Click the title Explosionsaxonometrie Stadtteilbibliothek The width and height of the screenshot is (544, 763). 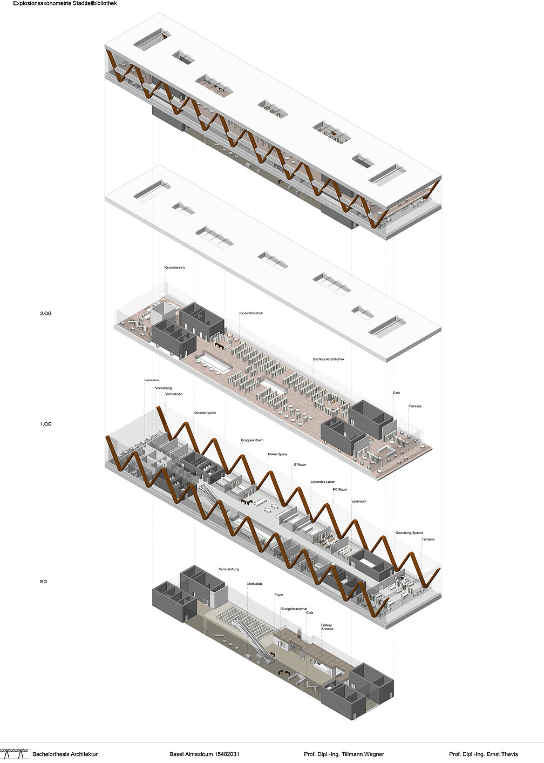65,3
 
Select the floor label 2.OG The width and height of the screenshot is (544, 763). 45,313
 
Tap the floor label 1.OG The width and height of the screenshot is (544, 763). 45,424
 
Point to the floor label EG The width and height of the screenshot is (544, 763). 44,582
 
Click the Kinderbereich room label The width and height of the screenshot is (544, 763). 175,267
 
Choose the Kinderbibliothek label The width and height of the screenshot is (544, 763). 251,313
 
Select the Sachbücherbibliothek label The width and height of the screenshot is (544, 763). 328,359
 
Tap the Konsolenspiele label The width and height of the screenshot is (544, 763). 205,413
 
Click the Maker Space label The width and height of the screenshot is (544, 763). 277,454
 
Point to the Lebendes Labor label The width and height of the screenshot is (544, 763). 322,482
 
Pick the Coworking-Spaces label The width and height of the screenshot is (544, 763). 409,533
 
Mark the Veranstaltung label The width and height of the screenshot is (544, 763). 229,569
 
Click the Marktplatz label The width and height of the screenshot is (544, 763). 256,584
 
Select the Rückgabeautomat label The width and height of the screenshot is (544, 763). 292,608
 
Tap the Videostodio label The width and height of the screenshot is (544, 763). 174,394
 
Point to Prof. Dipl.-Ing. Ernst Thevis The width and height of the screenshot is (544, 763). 483,754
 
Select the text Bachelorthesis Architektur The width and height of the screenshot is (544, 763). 65,754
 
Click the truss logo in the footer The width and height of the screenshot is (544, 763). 14,753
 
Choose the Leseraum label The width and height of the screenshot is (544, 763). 358,501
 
